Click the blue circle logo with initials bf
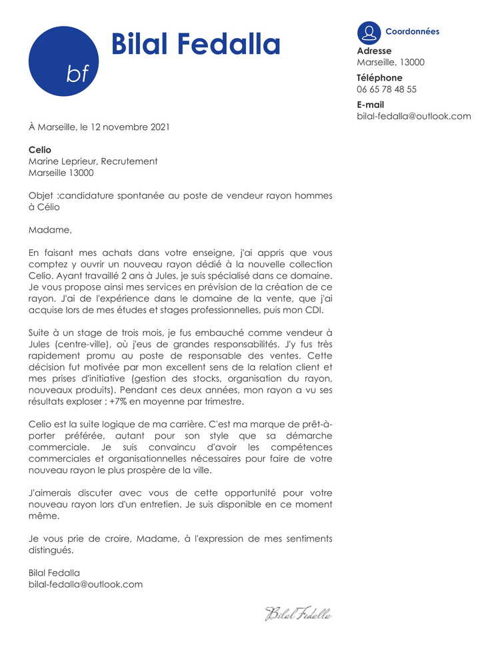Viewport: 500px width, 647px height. pyautogui.click(x=63, y=61)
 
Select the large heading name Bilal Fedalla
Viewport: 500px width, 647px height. pyautogui.click(x=195, y=44)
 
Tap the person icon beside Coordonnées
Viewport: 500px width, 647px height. pyautogui.click(x=369, y=33)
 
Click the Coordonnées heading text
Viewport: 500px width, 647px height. pyautogui.click(x=412, y=31)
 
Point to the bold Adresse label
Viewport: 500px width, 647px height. pyautogui.click(x=374, y=51)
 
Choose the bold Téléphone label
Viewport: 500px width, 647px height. pyautogui.click(x=379, y=77)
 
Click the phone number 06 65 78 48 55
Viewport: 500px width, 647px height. pyautogui.click(x=387, y=89)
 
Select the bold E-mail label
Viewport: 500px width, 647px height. pyautogui.click(x=371, y=105)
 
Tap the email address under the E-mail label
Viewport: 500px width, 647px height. pyautogui.click(x=413, y=116)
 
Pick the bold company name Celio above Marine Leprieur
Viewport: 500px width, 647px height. pyautogui.click(x=39, y=150)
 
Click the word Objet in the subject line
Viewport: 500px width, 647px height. pyautogui.click(x=41, y=195)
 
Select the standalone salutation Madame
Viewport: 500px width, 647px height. pyautogui.click(x=49, y=230)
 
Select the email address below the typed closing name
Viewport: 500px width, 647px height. pyautogui.click(x=85, y=584)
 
